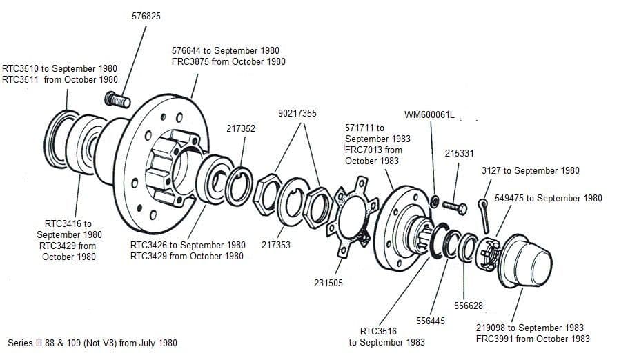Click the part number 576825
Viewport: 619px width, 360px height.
tap(146, 15)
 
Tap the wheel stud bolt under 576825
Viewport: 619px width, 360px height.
tap(118, 101)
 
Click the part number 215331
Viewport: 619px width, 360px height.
tap(459, 153)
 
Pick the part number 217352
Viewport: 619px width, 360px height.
tap(241, 128)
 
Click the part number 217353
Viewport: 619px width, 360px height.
tap(276, 245)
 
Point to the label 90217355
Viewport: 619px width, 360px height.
tap(297, 113)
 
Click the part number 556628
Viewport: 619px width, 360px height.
tap(469, 306)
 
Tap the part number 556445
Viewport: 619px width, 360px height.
tap(431, 321)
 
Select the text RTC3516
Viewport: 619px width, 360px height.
tap(379, 331)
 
